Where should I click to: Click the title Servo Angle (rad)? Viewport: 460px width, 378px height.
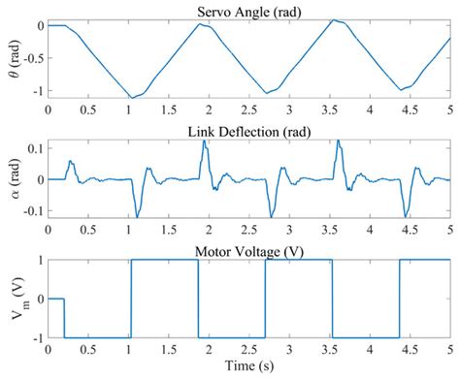[x=248, y=10]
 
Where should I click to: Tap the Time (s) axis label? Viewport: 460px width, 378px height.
[x=248, y=367]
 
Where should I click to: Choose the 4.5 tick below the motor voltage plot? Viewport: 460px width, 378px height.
[x=409, y=350]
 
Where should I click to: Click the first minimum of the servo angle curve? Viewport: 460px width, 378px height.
[x=132, y=98]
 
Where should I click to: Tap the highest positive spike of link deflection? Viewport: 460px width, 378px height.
[x=204, y=142]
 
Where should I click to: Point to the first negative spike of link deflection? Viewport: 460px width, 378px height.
[x=136, y=215]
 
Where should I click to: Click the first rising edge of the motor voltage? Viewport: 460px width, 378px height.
[x=130, y=299]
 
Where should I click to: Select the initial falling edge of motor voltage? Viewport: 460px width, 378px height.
[x=64, y=318]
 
